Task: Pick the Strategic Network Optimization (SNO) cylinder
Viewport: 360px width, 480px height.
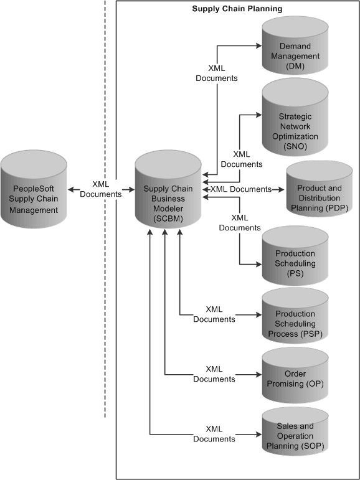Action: pos(295,121)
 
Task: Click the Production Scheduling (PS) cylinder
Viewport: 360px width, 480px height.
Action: pos(295,256)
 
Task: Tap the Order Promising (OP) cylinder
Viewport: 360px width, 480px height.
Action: pos(295,375)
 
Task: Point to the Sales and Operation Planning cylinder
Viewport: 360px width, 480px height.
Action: pos(295,434)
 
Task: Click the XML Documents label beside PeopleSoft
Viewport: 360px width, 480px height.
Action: pos(101,189)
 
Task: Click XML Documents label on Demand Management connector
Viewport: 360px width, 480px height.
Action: pos(216,73)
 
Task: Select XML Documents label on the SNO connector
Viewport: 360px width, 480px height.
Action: pos(242,159)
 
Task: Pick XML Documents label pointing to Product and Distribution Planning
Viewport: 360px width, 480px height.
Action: pos(241,189)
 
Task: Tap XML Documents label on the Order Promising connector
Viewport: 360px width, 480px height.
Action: pos(214,374)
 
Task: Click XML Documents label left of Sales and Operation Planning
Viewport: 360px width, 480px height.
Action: pos(214,433)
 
